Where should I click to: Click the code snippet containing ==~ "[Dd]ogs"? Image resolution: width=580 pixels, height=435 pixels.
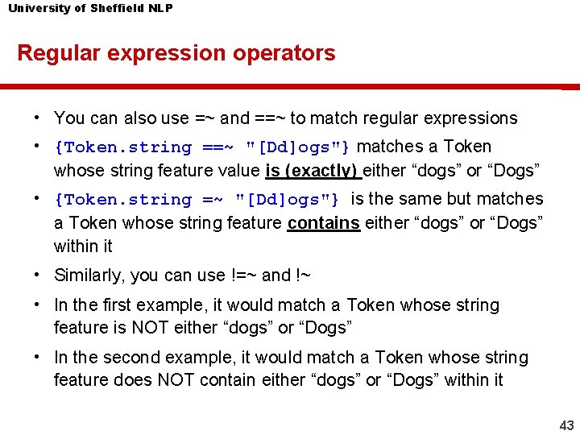click(202, 147)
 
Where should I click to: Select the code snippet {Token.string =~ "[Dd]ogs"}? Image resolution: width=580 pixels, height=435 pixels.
click(197, 200)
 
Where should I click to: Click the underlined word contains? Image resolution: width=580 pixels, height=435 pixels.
click(323, 222)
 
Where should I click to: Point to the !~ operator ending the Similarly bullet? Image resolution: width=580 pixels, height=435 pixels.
click(303, 275)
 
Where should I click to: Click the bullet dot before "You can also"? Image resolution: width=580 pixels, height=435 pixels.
click(38, 118)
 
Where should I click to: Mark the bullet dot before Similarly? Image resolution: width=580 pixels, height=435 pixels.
click(38, 275)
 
